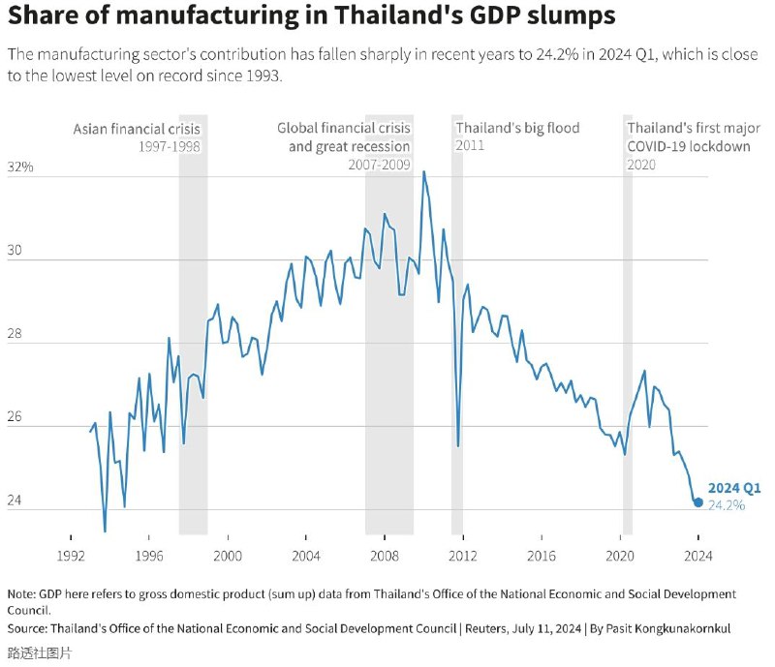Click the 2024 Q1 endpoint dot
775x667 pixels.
(697, 502)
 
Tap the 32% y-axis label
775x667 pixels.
(20, 167)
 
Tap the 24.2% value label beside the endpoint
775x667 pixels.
(727, 505)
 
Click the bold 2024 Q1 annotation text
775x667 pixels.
(734, 488)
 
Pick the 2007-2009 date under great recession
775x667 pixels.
(379, 165)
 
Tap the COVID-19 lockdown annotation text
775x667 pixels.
(689, 146)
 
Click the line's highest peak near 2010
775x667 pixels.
(423, 171)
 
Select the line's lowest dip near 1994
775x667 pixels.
(105, 531)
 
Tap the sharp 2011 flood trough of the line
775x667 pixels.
(458, 446)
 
